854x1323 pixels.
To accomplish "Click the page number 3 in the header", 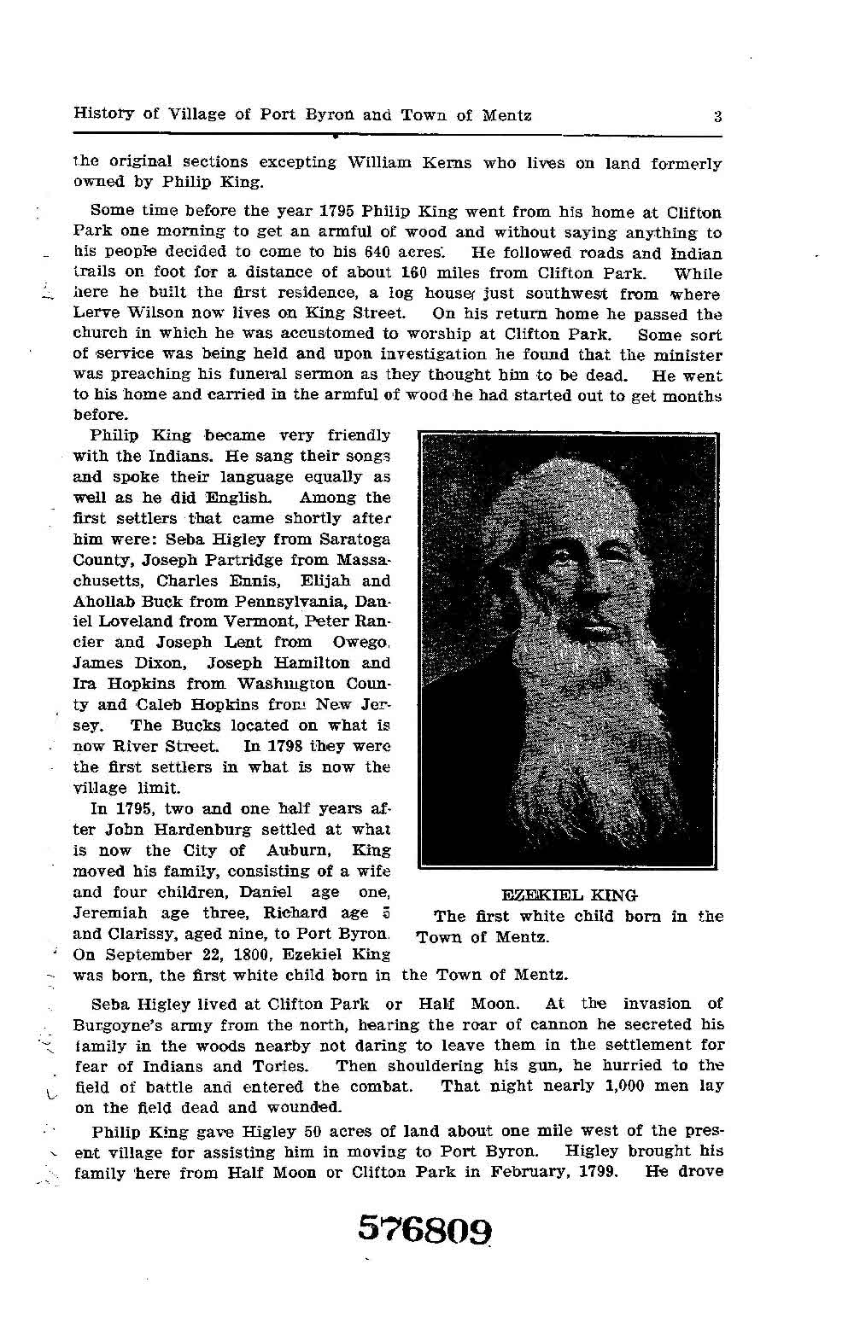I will [x=718, y=116].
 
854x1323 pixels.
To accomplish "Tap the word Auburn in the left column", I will [x=295, y=850].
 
